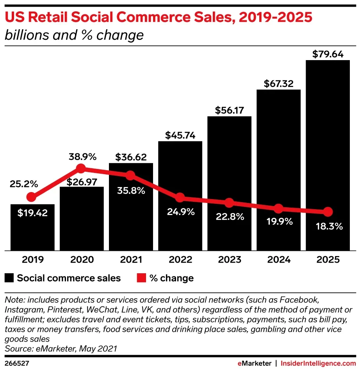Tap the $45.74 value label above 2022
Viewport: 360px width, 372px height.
coord(180,135)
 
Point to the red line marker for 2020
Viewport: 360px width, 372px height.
coord(81,169)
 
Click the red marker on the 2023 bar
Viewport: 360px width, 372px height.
coord(229,203)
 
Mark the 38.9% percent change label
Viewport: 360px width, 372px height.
coord(82,157)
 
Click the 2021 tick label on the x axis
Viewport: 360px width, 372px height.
coord(131,260)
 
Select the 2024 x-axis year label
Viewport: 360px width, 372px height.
coord(278,260)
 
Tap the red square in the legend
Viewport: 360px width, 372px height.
coord(141,278)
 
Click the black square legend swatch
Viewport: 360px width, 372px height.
coord(9,278)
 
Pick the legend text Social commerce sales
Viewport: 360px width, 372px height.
coord(69,278)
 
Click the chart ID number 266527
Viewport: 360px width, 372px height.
coord(17,363)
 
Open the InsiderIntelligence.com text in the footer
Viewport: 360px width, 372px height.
coord(318,363)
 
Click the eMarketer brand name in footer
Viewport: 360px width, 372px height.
coord(254,363)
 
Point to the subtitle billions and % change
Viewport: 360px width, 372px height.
coord(74,36)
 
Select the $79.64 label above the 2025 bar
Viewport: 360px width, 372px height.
coord(328,54)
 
